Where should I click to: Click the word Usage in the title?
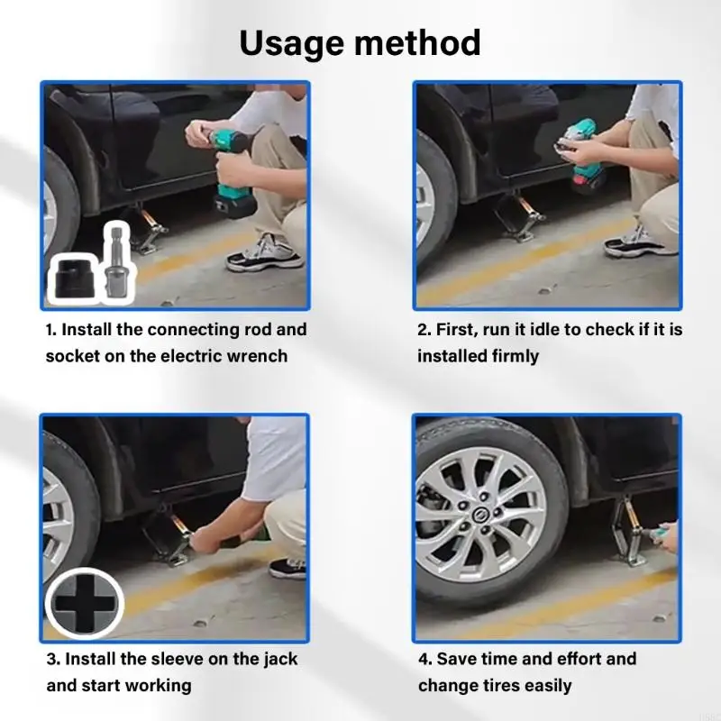point(292,44)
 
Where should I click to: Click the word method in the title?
point(417,42)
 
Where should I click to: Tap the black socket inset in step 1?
point(73,277)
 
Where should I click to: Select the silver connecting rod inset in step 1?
point(115,262)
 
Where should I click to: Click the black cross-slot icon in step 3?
point(85,604)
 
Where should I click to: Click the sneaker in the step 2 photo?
point(642,242)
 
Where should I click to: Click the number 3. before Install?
point(53,659)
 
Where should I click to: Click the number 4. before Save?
point(425,659)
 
